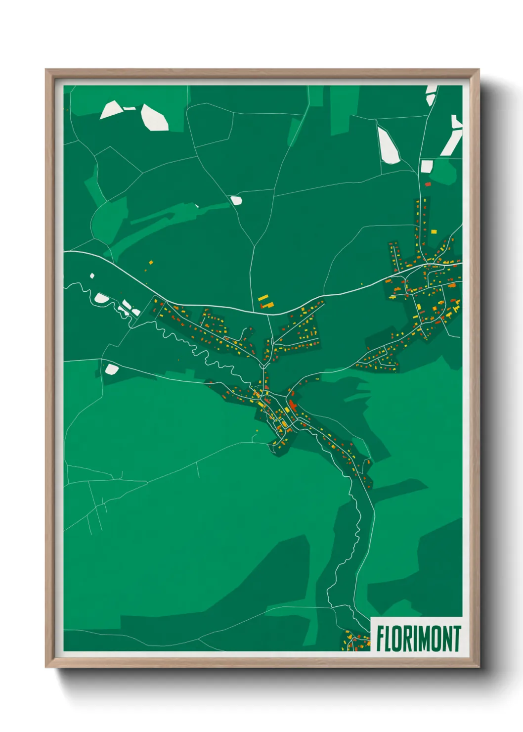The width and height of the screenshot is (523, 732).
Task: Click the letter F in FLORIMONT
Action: pyautogui.click(x=381, y=639)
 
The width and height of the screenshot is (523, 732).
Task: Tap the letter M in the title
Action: pyautogui.click(x=424, y=639)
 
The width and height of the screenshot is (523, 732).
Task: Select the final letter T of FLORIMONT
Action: pyautogui.click(x=457, y=639)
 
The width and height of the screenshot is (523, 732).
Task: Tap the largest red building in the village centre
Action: pyautogui.click(x=293, y=407)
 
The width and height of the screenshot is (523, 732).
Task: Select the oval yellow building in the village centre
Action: pyautogui.click(x=258, y=394)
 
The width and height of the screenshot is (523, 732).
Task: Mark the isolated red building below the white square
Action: pyautogui.click(x=428, y=184)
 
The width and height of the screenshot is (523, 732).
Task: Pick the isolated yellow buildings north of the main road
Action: pyautogui.click(x=264, y=301)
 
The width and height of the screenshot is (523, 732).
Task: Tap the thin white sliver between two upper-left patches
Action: pyautogui.click(x=129, y=108)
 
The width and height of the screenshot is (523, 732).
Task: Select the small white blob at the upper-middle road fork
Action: pyautogui.click(x=236, y=200)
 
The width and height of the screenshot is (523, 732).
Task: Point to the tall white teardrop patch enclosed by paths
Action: pyautogui.click(x=388, y=144)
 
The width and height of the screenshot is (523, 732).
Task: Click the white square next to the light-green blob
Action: pyautogui.click(x=426, y=166)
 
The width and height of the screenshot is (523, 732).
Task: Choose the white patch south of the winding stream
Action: pyautogui.click(x=112, y=369)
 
